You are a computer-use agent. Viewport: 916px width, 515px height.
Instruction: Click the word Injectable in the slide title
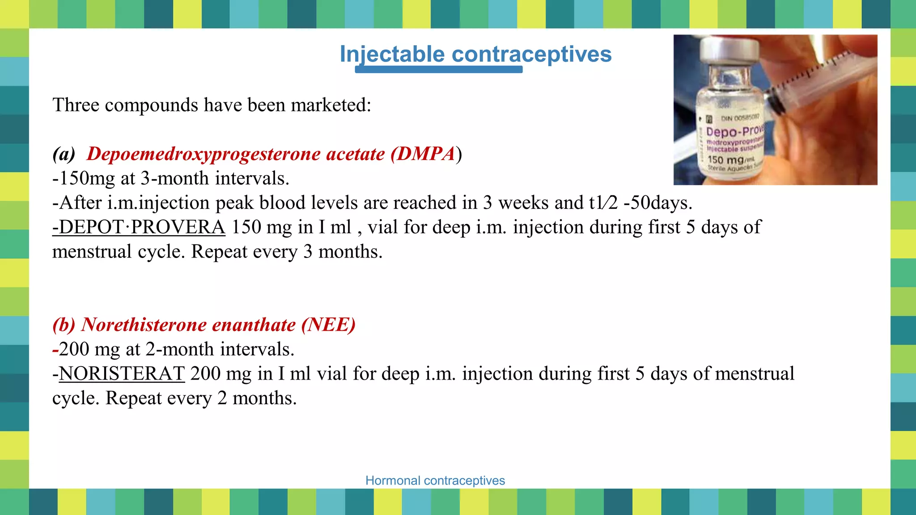point(392,54)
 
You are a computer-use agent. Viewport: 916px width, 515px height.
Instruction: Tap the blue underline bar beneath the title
point(438,69)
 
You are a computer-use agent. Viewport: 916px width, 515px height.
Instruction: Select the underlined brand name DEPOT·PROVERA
point(139,227)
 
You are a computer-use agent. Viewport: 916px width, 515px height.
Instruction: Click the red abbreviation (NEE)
point(328,325)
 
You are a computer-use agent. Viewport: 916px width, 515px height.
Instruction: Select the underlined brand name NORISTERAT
point(121,374)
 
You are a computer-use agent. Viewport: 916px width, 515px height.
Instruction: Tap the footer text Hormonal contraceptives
point(435,481)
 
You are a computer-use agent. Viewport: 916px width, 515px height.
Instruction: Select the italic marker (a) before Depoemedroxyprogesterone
point(64,154)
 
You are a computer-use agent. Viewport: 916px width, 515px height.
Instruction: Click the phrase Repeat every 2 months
point(201,398)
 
